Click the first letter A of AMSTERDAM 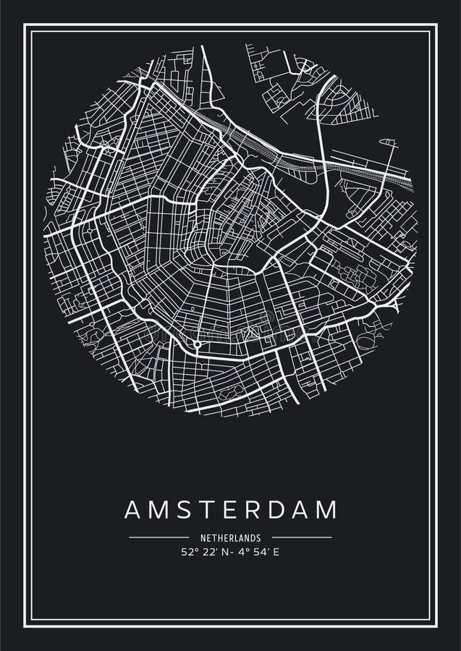[132, 509]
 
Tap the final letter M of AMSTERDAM [327, 509]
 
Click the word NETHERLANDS [230, 538]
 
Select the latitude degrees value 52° [189, 552]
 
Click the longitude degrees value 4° [245, 552]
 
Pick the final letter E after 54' [276, 552]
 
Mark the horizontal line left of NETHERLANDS [158, 537]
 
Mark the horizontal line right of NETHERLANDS [302, 537]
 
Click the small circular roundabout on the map [197, 344]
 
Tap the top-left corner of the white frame [25, 25]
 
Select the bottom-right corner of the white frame [437, 626]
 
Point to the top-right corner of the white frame [437, 25]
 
